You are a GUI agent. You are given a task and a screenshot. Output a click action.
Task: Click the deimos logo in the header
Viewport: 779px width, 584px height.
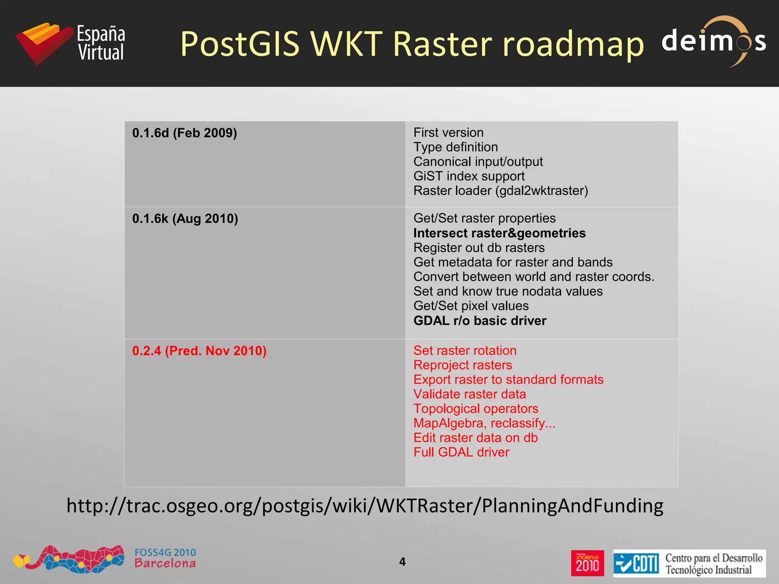(714, 41)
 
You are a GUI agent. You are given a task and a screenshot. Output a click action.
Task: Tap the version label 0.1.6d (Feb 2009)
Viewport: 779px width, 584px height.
(184, 133)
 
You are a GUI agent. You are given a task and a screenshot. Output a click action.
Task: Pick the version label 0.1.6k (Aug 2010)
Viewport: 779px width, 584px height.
(185, 219)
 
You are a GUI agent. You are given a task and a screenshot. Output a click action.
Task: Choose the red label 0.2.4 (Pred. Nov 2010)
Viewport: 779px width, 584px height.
(199, 351)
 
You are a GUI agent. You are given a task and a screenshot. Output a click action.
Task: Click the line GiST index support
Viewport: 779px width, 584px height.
(469, 176)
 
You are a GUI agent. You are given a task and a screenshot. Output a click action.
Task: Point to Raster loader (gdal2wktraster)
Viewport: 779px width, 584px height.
(500, 190)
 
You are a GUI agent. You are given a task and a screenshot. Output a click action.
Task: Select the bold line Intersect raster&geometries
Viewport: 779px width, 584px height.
(499, 233)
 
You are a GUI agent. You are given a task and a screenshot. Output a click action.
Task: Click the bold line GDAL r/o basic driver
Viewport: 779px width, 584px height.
(480, 321)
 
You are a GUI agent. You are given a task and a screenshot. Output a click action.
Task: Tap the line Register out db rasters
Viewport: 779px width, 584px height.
(479, 248)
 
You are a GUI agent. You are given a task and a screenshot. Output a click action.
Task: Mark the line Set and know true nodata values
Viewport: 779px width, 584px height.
(508, 291)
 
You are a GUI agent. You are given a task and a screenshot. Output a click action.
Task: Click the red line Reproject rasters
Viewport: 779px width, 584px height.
(463, 365)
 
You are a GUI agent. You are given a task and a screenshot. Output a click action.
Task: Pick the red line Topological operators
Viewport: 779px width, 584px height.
(475, 409)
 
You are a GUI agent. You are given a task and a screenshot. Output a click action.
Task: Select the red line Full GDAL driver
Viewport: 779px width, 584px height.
(461, 452)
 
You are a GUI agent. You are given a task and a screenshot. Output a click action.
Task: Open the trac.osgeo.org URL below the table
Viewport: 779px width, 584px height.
(365, 506)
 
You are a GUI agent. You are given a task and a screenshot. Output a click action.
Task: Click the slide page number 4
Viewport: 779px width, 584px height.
(402, 562)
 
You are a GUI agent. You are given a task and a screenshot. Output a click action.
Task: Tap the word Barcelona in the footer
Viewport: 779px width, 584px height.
(165, 563)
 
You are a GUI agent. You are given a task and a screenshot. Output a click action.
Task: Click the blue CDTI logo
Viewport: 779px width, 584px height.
(636, 563)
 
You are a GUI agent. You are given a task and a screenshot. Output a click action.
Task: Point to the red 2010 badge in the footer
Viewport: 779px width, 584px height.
(587, 563)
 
